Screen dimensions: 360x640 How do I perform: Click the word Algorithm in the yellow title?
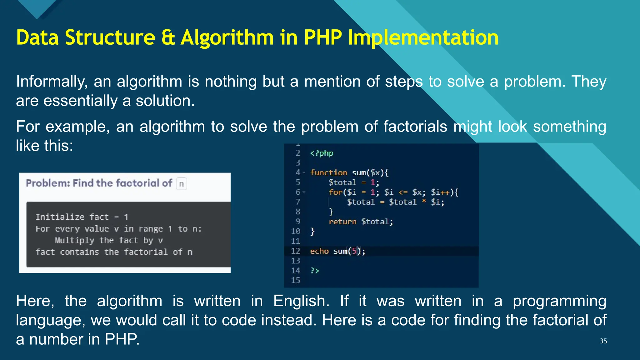(x=227, y=38)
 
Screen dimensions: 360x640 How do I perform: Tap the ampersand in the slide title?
(x=168, y=38)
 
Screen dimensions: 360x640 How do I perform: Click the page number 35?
(x=603, y=341)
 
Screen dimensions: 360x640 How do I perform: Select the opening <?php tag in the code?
(x=322, y=153)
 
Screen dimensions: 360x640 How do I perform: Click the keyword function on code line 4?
(x=328, y=173)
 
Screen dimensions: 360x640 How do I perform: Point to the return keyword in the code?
(x=342, y=222)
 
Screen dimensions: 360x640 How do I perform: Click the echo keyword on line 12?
(x=319, y=251)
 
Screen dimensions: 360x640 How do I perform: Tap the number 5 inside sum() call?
(x=354, y=251)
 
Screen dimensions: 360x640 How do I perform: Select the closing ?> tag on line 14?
(x=314, y=271)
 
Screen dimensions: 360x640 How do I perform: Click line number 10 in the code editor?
(x=295, y=232)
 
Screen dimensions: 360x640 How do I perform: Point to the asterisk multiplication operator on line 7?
(x=424, y=202)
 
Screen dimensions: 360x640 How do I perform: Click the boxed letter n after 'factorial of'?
(x=181, y=184)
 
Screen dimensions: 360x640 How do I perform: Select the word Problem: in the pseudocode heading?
(x=48, y=183)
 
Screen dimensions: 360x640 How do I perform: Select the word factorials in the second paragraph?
(x=415, y=127)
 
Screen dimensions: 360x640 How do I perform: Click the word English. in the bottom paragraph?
(x=301, y=301)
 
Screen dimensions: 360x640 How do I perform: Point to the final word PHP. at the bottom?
(x=122, y=339)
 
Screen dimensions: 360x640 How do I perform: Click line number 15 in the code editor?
(x=295, y=280)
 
